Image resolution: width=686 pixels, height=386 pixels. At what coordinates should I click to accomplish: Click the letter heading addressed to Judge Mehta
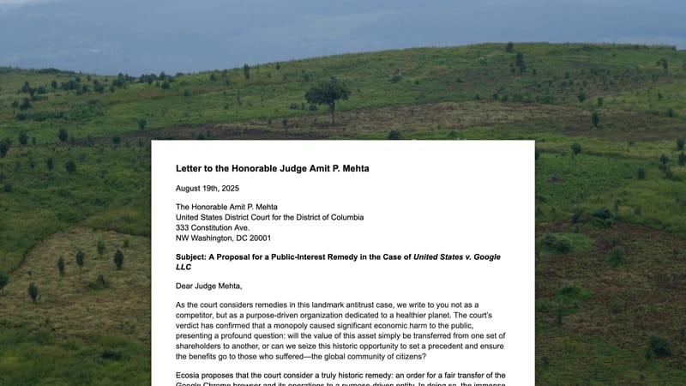click(x=272, y=168)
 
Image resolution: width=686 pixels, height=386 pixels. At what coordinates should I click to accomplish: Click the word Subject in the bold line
click(x=195, y=257)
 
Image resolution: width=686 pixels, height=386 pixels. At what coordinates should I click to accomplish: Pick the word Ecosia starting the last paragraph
click(x=191, y=375)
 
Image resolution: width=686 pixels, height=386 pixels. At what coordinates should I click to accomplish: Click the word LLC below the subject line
click(x=184, y=267)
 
